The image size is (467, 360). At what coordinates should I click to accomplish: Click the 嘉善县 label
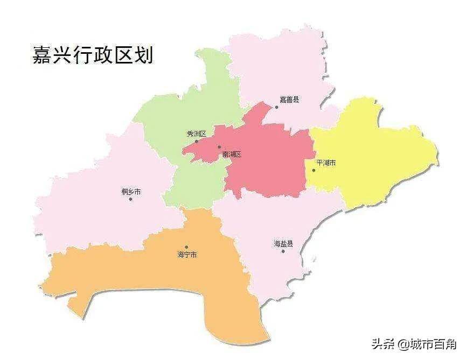click(289, 100)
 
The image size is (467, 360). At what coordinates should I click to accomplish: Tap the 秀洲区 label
click(197, 134)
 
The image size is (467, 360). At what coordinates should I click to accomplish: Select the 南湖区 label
click(232, 154)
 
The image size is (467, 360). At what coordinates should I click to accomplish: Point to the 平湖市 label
click(326, 162)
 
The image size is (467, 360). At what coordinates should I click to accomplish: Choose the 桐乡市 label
click(131, 192)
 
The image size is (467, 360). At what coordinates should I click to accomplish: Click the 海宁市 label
click(187, 255)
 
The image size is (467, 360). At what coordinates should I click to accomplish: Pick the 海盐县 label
click(283, 244)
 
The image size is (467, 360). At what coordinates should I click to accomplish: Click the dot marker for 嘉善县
click(277, 107)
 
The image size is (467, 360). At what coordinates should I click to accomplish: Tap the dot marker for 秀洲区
click(196, 142)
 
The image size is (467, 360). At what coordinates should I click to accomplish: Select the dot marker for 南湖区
click(219, 147)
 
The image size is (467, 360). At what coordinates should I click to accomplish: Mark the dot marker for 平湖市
click(314, 170)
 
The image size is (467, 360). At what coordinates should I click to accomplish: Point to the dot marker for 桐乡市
click(131, 199)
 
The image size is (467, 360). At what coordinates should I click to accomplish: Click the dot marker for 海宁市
click(186, 247)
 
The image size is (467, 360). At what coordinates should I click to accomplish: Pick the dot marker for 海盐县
click(283, 251)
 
